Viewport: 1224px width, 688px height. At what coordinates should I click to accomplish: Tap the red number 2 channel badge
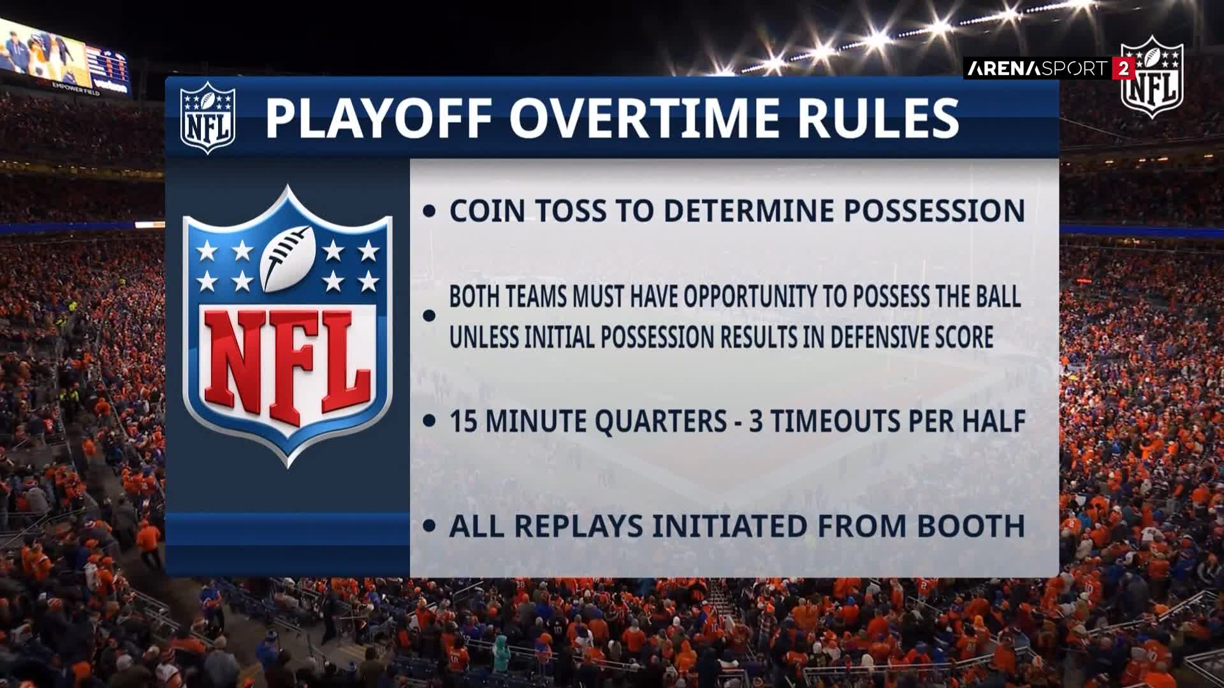tap(1123, 69)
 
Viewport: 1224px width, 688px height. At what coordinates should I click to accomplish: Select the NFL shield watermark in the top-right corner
tap(1152, 77)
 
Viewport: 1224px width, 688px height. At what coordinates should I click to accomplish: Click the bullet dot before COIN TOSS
tap(430, 212)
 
